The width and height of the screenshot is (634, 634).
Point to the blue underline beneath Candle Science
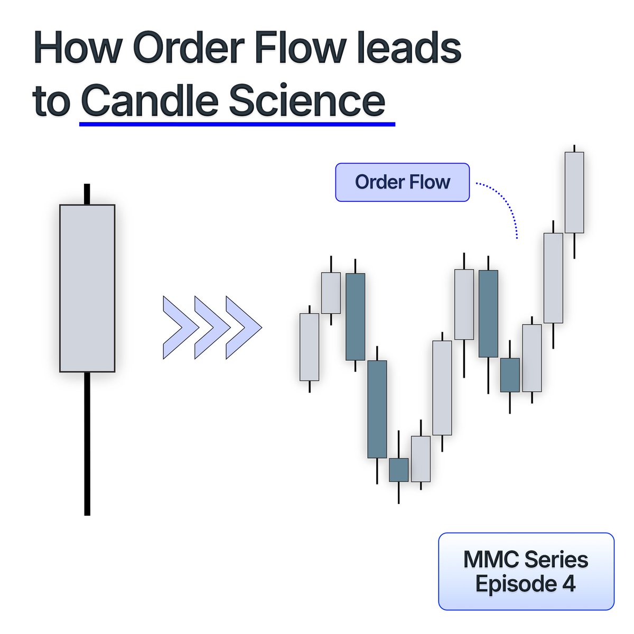tap(237, 125)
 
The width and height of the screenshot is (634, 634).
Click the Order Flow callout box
tap(402, 182)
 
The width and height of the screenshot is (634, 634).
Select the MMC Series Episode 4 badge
tap(526, 571)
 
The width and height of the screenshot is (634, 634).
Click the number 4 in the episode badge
tap(568, 584)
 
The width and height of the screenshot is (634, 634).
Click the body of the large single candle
tap(87, 288)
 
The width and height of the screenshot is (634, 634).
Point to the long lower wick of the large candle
tap(87, 444)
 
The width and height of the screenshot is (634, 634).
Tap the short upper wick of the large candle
tap(87, 194)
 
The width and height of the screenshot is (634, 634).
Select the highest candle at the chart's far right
tap(574, 192)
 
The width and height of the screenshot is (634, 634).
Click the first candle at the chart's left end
tap(309, 347)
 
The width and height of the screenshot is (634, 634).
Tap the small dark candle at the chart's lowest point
tap(399, 470)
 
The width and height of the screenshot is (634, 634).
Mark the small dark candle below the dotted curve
tap(510, 375)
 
